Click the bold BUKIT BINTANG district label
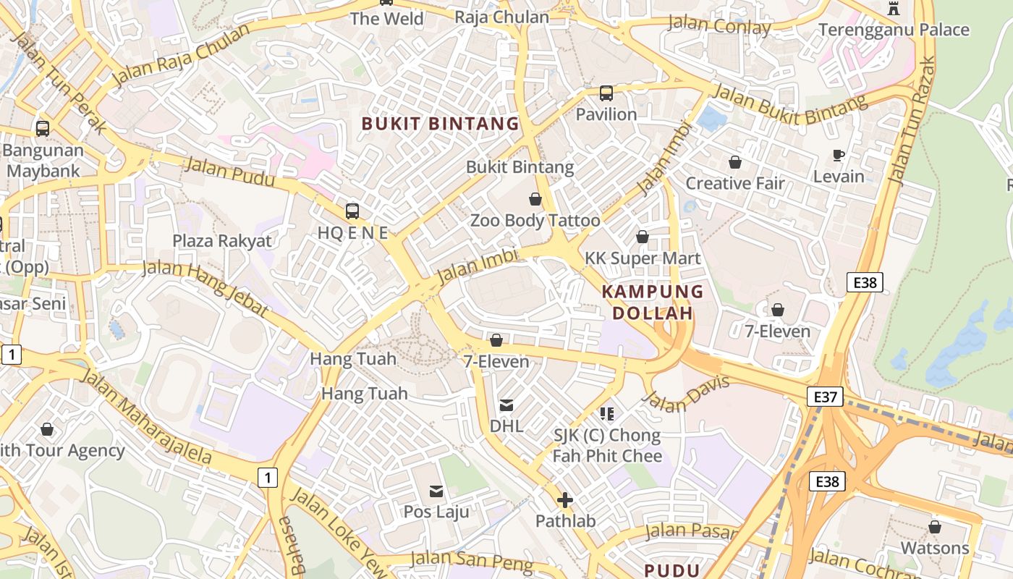pyautogui.click(x=440, y=124)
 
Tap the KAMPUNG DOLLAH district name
pyautogui.click(x=653, y=303)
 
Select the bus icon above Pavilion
pyautogui.click(x=606, y=93)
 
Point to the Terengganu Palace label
pyautogui.click(x=894, y=30)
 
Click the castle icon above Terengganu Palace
pyautogui.click(x=894, y=9)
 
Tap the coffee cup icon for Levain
pyautogui.click(x=839, y=156)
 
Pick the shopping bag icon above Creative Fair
pyautogui.click(x=735, y=162)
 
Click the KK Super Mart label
pyautogui.click(x=643, y=258)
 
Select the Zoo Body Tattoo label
pyautogui.click(x=535, y=221)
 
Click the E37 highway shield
pyautogui.click(x=825, y=396)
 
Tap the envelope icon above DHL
pyautogui.click(x=506, y=405)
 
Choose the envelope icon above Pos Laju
pyautogui.click(x=436, y=492)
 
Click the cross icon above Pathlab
pyautogui.click(x=565, y=500)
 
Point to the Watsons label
pyautogui.click(x=934, y=548)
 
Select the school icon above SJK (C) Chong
pyautogui.click(x=607, y=414)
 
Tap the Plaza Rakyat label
pyautogui.click(x=222, y=241)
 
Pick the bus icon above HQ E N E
pyautogui.click(x=352, y=211)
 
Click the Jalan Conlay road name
pyautogui.click(x=719, y=25)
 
